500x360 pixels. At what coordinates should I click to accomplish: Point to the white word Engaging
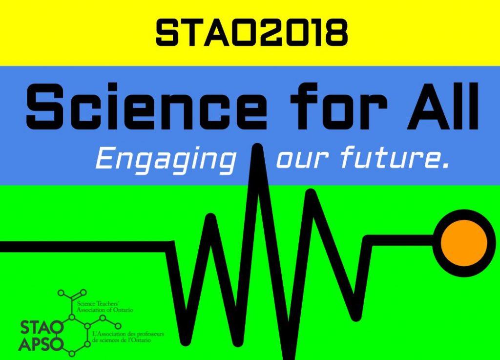(166, 159)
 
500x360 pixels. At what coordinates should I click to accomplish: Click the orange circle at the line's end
(464, 243)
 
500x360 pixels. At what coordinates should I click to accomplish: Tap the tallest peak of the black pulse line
(257, 148)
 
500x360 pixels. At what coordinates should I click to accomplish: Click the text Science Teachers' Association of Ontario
(105, 306)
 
